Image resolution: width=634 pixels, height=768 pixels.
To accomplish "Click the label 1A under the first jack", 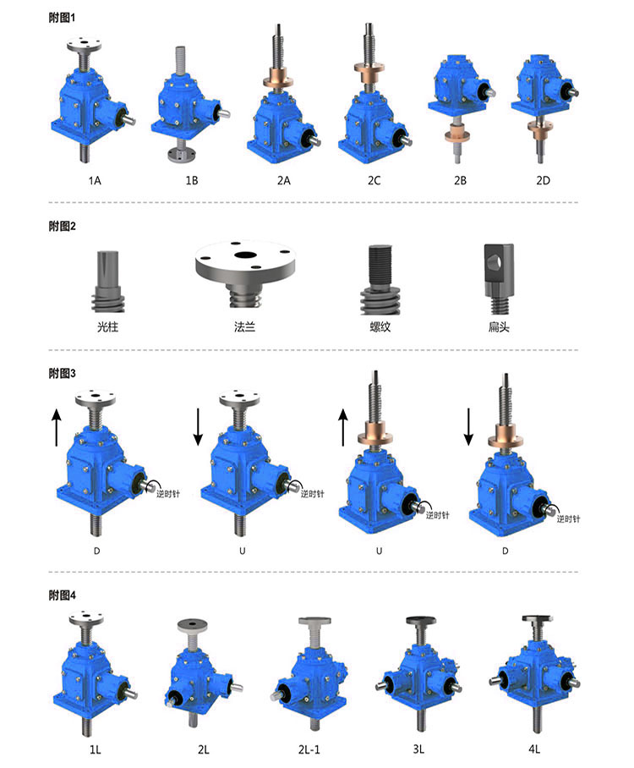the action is tap(95, 181).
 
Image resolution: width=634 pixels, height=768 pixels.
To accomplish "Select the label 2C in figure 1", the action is tap(374, 181).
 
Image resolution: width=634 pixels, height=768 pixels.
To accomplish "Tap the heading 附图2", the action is tap(63, 227).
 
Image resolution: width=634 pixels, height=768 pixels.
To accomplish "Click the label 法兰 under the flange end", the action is tap(245, 326).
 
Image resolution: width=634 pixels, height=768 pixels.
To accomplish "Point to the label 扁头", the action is tap(499, 326).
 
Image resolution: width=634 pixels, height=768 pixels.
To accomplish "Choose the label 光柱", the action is tap(107, 326).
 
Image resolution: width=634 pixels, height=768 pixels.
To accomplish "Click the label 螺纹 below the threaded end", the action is tap(380, 326).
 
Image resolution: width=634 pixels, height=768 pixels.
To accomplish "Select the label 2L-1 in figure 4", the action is tap(309, 749).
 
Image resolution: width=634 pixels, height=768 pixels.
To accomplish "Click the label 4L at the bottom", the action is tap(534, 749).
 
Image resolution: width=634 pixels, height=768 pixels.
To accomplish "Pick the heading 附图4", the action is tap(63, 595).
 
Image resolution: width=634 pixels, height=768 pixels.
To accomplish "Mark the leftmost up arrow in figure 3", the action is tap(57, 428).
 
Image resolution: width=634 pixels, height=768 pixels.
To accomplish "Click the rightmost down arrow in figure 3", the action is tap(468, 426).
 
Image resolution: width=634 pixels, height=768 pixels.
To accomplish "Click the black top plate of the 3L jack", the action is tap(420, 621).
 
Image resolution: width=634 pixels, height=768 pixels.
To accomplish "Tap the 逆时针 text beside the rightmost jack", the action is tap(568, 518).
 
